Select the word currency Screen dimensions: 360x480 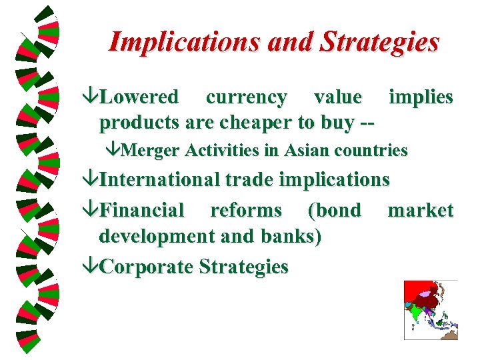[x=246, y=97]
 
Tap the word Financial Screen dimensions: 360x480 [x=141, y=211]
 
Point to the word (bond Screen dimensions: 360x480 [x=334, y=211]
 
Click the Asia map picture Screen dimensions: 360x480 [x=431, y=310]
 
